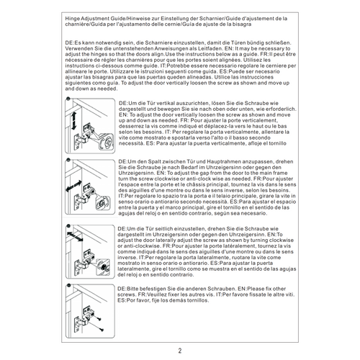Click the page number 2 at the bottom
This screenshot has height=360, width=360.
(x=180, y=351)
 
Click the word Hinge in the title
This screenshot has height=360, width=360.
(x=72, y=19)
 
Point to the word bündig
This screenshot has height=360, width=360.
(x=253, y=42)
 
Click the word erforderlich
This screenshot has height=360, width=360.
(x=282, y=109)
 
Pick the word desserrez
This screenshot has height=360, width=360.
(x=130, y=126)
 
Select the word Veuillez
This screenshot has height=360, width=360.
(x=156, y=294)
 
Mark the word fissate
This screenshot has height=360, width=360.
(x=262, y=294)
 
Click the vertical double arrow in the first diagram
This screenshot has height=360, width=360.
(x=73, y=121)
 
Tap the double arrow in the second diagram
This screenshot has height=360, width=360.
(x=73, y=186)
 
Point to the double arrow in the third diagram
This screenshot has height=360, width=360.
(x=75, y=236)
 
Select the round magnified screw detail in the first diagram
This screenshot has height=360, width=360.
(x=105, y=141)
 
